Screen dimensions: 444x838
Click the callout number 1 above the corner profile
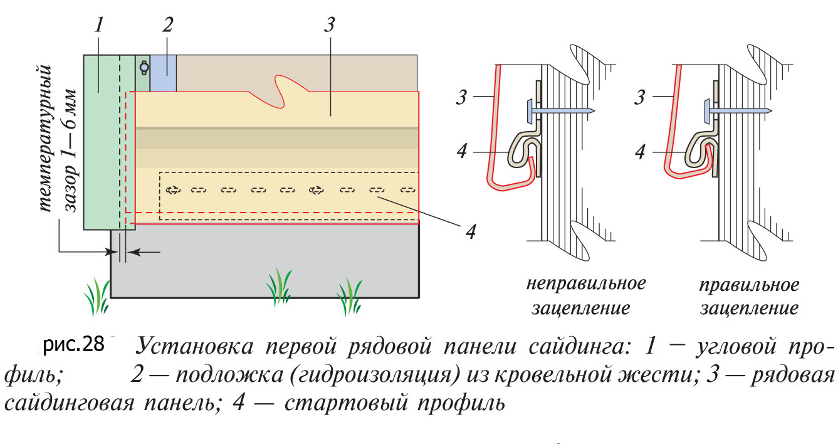pos(100,25)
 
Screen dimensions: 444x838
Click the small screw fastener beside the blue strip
pos(144,65)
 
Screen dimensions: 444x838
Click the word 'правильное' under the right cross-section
pos(750,286)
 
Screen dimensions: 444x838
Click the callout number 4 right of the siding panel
pos(471,231)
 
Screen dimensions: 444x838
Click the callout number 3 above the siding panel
pos(330,25)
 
